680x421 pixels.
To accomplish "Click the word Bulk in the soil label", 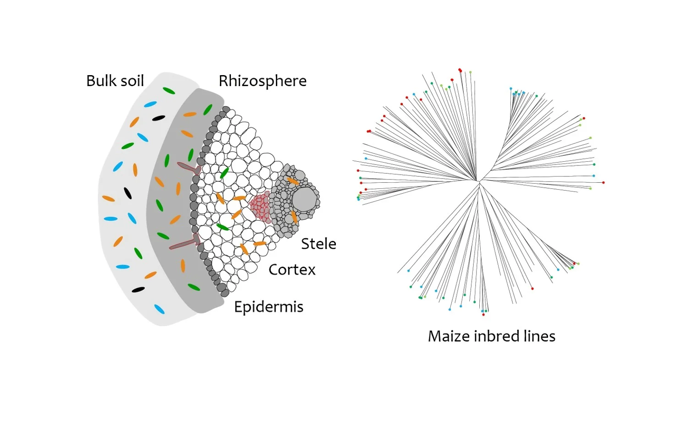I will click(x=101, y=81).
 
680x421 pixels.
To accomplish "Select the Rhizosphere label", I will click(x=263, y=81).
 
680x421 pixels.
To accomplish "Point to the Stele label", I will click(x=318, y=244).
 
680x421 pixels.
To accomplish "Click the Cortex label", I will click(x=292, y=269).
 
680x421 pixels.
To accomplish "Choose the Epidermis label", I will click(x=269, y=306).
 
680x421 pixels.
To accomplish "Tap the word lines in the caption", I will click(x=540, y=336).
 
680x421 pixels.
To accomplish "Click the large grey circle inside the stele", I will click(x=305, y=200).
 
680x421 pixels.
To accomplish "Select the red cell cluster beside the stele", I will click(x=260, y=207).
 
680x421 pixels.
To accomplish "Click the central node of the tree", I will click(x=478, y=182).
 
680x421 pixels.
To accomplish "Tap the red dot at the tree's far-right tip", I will click(x=603, y=183).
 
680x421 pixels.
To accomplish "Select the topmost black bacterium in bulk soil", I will click(x=159, y=118).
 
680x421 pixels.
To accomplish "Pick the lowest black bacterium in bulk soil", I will click(x=138, y=290).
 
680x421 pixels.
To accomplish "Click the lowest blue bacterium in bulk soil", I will click(x=159, y=309).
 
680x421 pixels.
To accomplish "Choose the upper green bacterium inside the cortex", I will click(x=224, y=173).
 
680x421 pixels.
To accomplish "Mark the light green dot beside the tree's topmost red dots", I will click(x=470, y=72).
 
